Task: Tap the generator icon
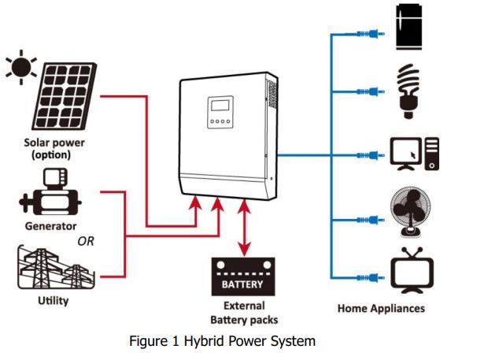tap(50, 193)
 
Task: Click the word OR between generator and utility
tap(85, 241)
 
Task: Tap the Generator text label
tap(50, 226)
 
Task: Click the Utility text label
tap(53, 301)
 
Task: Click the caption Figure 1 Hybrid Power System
tap(223, 341)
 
